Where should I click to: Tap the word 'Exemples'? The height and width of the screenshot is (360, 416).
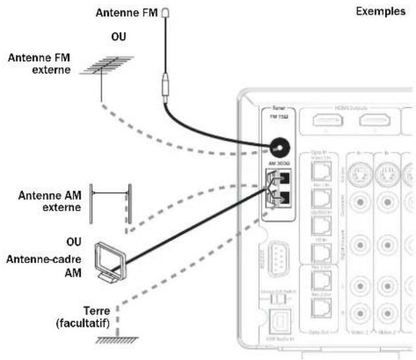pyautogui.click(x=380, y=13)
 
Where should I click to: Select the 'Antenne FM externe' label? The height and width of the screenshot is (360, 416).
pyautogui.click(x=39, y=63)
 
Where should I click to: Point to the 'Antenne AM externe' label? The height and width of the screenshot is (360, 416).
pyautogui.click(x=50, y=201)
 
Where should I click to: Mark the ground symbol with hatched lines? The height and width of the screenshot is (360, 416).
pyautogui.click(x=117, y=339)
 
